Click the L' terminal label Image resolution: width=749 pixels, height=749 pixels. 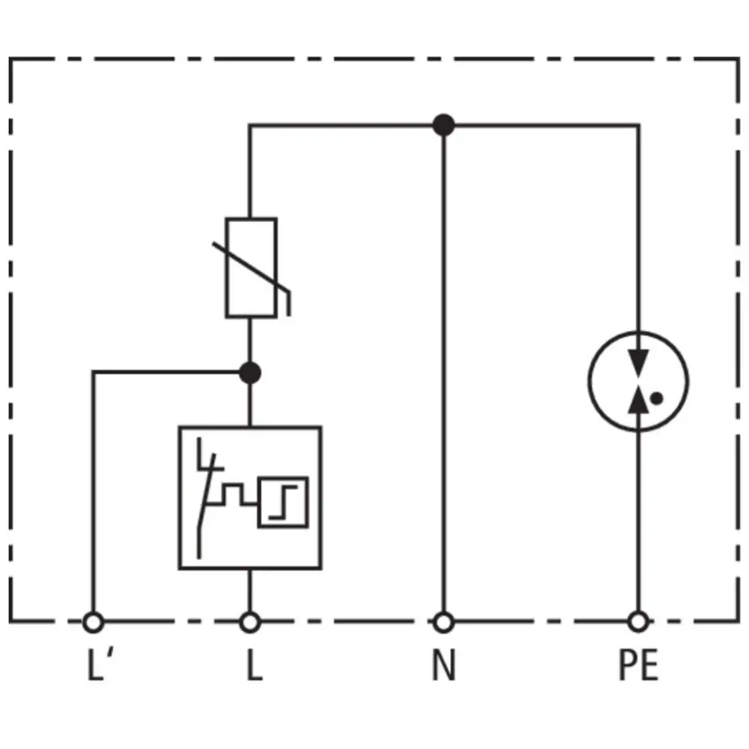[x=100, y=664]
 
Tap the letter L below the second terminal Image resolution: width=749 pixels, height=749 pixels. [x=255, y=665]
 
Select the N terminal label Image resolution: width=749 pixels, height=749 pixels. [x=444, y=665]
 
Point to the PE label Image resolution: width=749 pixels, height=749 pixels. [x=639, y=665]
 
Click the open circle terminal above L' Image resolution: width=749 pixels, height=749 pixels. [x=93, y=622]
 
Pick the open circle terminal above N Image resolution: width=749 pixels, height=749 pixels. [x=444, y=622]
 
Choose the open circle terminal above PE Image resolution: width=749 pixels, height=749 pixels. [x=638, y=622]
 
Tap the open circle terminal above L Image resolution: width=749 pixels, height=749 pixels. [x=250, y=622]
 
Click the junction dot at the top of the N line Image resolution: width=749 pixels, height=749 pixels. [x=444, y=125]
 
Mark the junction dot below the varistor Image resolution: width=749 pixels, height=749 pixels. [x=250, y=373]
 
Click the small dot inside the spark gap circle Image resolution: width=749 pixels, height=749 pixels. [x=656, y=398]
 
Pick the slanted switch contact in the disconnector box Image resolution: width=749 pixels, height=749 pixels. [x=206, y=492]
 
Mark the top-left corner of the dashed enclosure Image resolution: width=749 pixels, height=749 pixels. [x=10, y=59]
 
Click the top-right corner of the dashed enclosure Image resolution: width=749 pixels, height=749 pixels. [x=738, y=59]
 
